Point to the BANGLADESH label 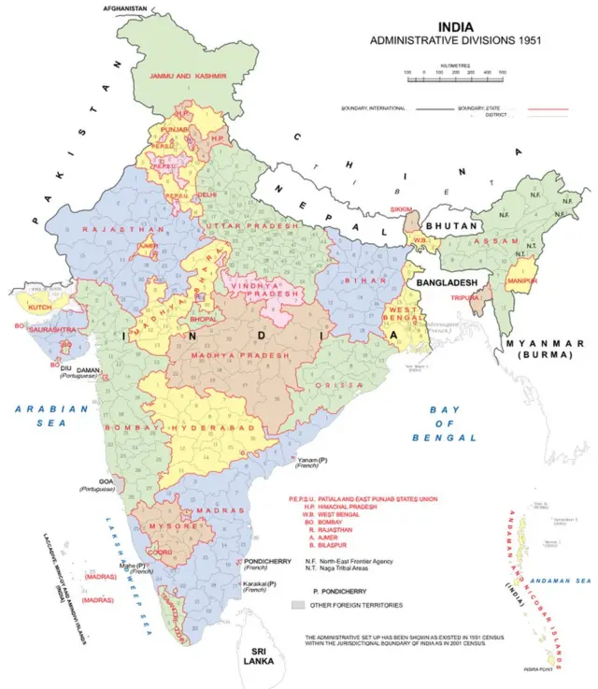[448, 282]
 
